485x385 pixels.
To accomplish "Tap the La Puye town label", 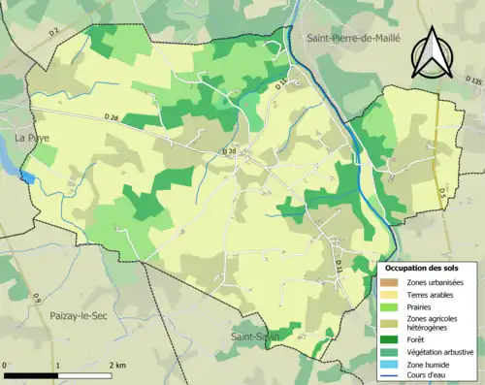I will tap(32, 139).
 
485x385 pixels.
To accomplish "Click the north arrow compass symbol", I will tap(431, 52).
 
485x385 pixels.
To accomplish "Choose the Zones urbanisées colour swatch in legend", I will tap(393, 281).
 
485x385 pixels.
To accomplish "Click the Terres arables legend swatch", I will tap(393, 294).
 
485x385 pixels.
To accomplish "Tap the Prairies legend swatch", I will tap(393, 306).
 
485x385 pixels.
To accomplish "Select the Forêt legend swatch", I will tap(393, 338).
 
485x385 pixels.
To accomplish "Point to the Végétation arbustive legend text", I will tap(442, 351).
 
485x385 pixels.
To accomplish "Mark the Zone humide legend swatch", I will tap(393, 364).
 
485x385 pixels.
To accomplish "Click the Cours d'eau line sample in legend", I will tap(393, 376).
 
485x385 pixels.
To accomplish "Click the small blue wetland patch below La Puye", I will tap(27, 177).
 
